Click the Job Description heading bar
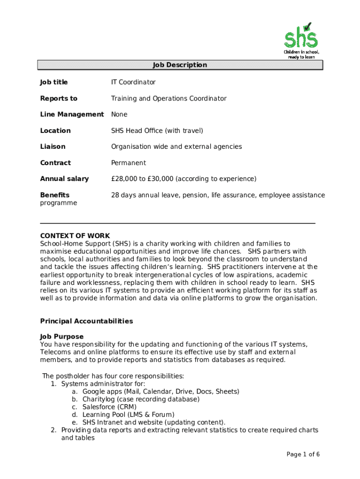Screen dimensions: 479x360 (180, 65)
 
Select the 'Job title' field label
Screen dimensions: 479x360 (54, 82)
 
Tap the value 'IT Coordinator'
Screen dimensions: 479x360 (133, 82)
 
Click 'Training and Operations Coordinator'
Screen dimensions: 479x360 (168, 99)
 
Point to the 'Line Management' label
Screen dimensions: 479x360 (72, 115)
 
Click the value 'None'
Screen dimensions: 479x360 (119, 115)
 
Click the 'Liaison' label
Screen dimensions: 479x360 (53, 147)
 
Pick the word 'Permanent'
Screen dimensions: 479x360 (128, 163)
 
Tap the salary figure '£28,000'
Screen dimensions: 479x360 (125, 179)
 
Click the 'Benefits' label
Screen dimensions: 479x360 (55, 195)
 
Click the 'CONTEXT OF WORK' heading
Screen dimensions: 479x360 (75, 236)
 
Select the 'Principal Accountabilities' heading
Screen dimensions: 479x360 (86, 321)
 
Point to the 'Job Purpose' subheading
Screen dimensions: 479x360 (62, 337)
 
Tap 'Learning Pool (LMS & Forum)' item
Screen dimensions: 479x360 (128, 415)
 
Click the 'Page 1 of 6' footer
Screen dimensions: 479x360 (303, 455)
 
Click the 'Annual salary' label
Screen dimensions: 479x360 (64, 179)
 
